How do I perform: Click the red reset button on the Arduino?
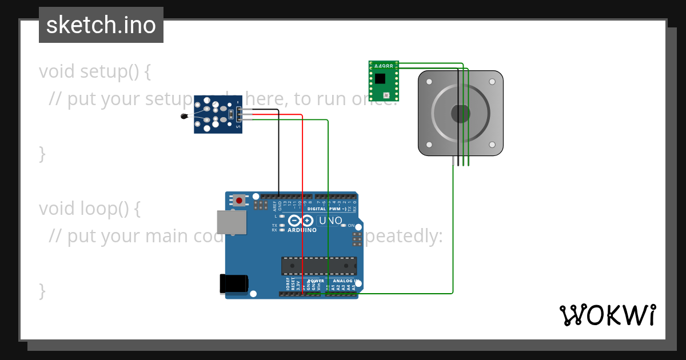click(239, 201)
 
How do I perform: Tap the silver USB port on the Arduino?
click(232, 222)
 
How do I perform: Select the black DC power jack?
click(234, 284)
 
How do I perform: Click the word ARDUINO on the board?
click(302, 230)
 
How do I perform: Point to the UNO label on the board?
click(330, 221)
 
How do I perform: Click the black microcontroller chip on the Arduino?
click(318, 266)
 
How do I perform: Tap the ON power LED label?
click(351, 226)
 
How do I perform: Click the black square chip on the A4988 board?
click(380, 78)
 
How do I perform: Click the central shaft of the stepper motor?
click(461, 114)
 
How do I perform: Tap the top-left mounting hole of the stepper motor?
click(429, 82)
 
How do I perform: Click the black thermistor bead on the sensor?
click(184, 117)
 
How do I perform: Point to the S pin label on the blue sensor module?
click(238, 125)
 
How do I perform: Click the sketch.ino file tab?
click(101, 25)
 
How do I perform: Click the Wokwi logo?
click(607, 315)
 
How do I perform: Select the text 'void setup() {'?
click(95, 71)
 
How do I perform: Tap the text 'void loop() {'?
click(90, 209)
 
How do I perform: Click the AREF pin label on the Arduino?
click(274, 206)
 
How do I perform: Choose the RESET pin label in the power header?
click(293, 284)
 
